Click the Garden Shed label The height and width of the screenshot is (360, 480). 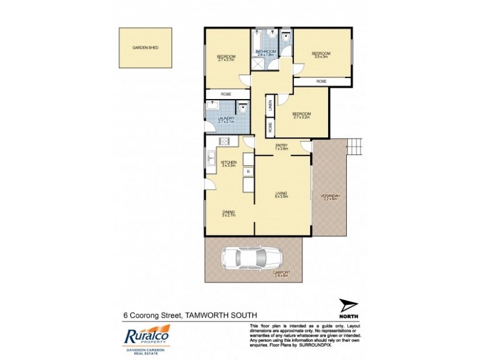click(x=145, y=47)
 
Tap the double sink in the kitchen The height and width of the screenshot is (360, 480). click(x=211, y=159)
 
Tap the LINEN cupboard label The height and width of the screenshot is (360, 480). click(x=270, y=106)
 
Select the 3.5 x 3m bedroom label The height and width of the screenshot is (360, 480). click(x=321, y=55)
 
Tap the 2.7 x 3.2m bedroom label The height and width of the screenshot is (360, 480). click(x=301, y=115)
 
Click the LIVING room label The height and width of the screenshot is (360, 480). click(x=282, y=194)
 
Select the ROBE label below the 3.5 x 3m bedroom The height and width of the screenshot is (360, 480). click(x=322, y=80)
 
